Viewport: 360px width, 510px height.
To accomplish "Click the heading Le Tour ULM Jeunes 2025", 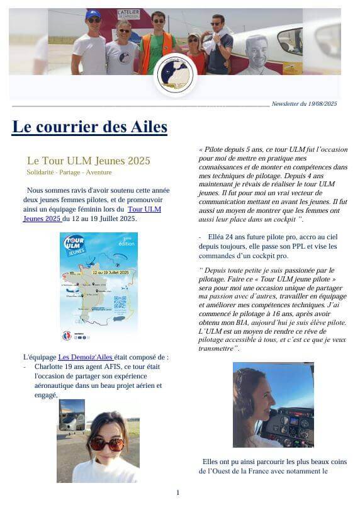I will coord(88,161).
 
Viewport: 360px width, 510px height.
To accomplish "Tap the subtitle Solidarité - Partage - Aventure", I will coord(69,173).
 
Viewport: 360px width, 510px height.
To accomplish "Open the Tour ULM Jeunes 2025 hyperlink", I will coord(143,209).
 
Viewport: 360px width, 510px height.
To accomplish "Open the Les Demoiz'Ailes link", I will coord(85,358).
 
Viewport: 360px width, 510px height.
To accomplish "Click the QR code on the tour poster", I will coord(120,302).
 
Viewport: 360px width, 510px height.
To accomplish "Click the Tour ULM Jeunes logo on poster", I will coord(74,244).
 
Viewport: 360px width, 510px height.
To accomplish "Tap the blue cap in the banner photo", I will coord(94,13).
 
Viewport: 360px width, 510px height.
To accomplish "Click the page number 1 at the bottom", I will coord(177,492).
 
